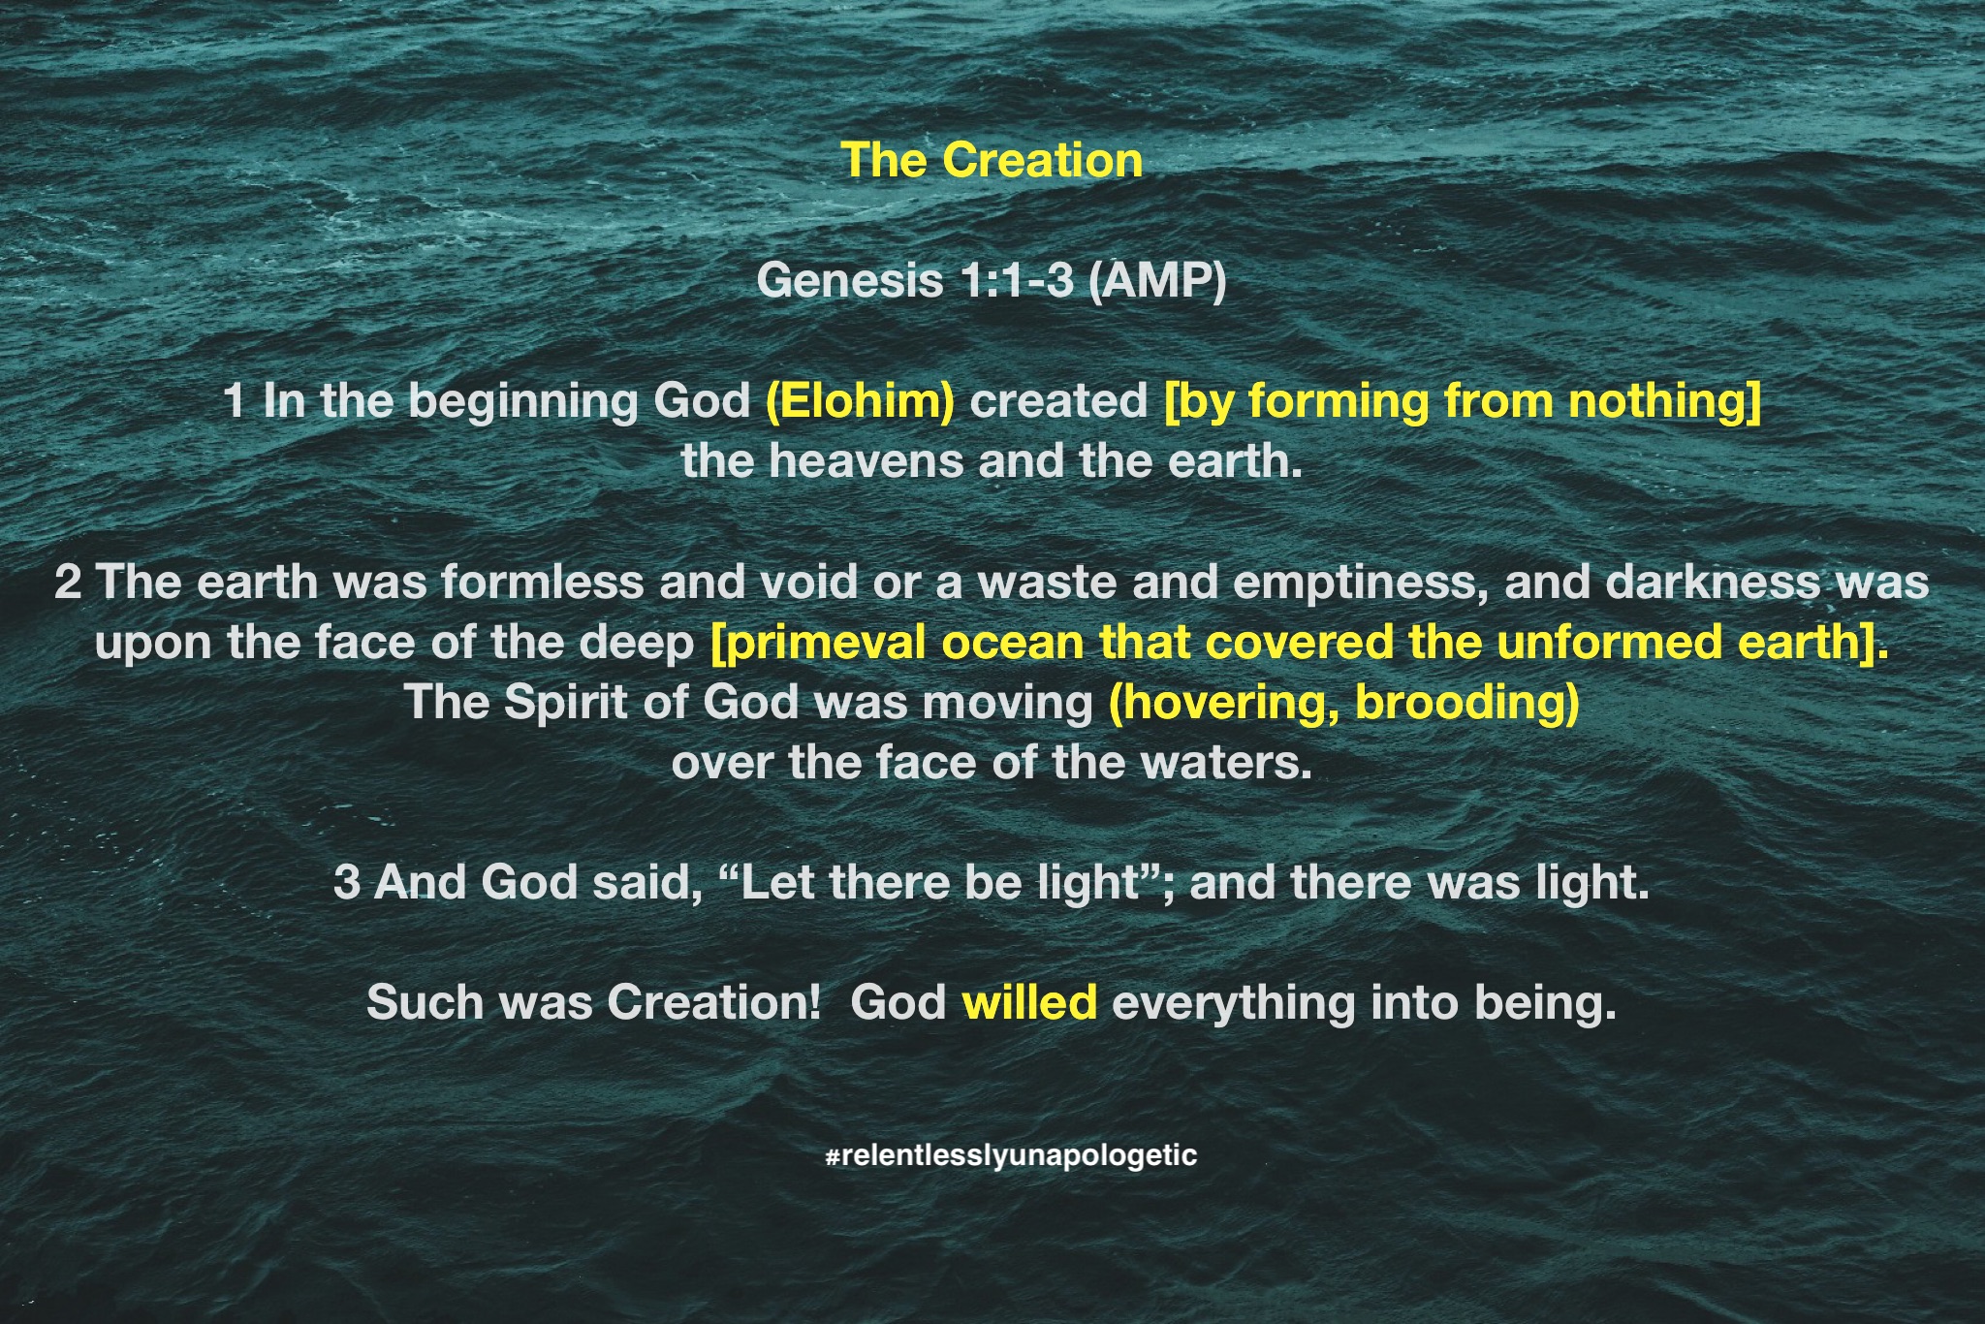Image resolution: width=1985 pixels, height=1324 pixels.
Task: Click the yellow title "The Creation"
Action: [992, 160]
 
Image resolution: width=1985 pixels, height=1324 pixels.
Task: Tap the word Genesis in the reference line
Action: [850, 281]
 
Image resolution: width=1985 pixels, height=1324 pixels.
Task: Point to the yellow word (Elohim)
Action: [860, 401]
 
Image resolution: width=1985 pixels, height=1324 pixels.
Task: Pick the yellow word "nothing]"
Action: [1664, 402]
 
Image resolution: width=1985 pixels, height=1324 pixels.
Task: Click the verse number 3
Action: [347, 883]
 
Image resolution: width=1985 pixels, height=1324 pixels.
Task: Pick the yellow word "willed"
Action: [1029, 1002]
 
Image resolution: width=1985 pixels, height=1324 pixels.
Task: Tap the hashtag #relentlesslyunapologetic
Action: [1011, 1155]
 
